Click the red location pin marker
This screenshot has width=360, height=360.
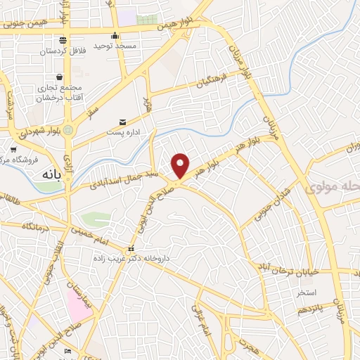click(x=181, y=165)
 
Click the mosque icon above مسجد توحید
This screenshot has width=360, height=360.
click(x=116, y=35)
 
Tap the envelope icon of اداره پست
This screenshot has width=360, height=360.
click(x=124, y=122)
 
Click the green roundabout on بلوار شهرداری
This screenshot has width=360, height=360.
click(x=67, y=130)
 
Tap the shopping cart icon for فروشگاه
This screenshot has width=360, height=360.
click(x=13, y=149)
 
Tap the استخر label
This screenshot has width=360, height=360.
click(x=307, y=291)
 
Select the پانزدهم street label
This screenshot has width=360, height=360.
click(x=309, y=308)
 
